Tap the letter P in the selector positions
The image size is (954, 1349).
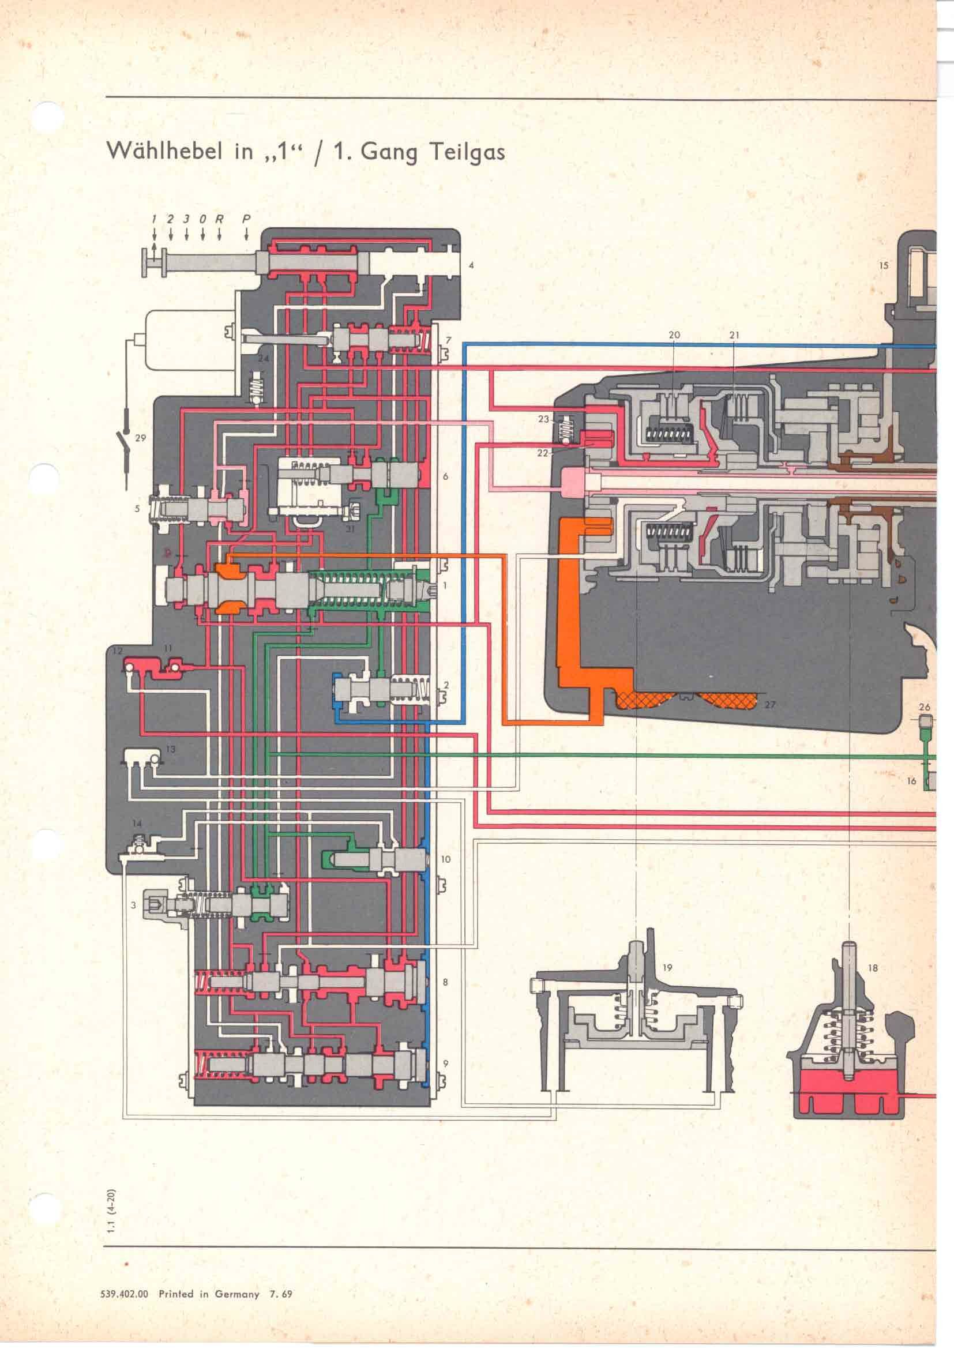coord(247,219)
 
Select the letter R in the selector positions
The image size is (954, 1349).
coord(220,219)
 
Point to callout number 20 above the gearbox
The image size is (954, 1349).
coord(674,335)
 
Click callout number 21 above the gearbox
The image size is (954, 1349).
coord(734,335)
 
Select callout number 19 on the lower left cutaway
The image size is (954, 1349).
coord(667,968)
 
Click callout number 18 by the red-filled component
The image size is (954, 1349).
coord(872,968)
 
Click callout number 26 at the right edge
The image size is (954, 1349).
coord(925,708)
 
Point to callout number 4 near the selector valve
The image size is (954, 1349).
coord(471,265)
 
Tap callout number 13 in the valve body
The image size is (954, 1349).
coord(170,749)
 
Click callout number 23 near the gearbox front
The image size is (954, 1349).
coord(543,419)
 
